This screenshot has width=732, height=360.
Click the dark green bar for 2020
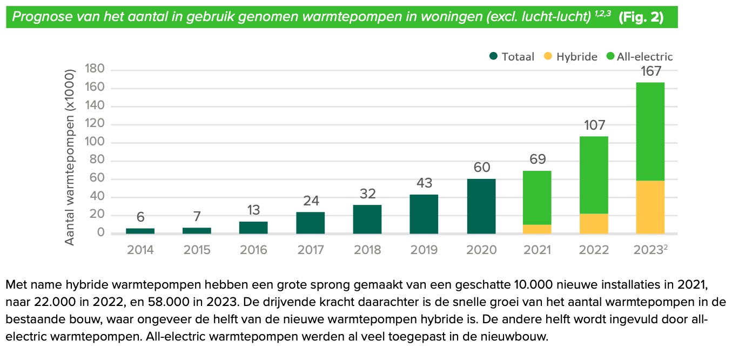[481, 206]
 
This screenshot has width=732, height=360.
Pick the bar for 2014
[140, 231]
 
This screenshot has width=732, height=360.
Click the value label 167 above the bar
[650, 72]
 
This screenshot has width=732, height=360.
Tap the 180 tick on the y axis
[94, 70]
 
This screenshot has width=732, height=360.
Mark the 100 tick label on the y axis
[94, 143]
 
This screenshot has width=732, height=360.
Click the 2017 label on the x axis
[311, 250]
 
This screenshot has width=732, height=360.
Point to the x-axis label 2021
[537, 250]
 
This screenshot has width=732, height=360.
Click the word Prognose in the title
[38, 17]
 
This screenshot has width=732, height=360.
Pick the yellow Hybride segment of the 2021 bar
[537, 229]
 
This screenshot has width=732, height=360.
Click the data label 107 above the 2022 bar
[594, 125]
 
